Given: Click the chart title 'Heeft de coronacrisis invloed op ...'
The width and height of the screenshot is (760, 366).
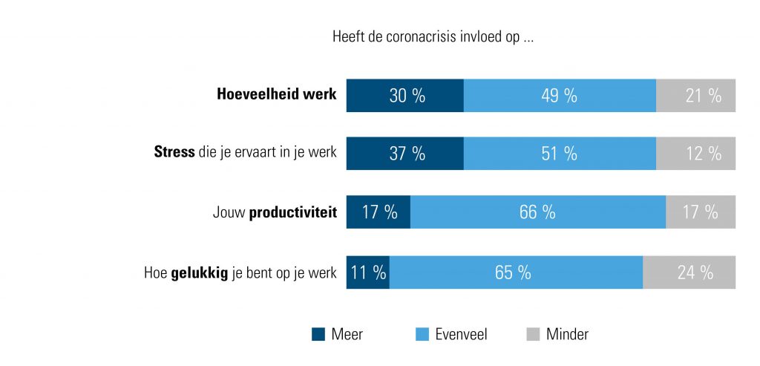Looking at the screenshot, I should pyautogui.click(x=433, y=37).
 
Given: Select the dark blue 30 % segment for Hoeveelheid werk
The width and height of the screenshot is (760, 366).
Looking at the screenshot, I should pyautogui.click(x=405, y=95).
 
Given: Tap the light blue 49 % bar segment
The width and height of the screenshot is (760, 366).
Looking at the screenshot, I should pyautogui.click(x=560, y=95).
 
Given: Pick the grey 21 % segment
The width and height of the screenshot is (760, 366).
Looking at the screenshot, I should pyautogui.click(x=695, y=95).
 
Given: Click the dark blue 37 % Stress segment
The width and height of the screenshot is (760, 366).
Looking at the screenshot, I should pyautogui.click(x=405, y=154).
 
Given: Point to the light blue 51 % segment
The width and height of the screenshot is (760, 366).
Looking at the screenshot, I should pyautogui.click(x=560, y=154).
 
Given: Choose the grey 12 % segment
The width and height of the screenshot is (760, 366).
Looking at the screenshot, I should pyautogui.click(x=695, y=154).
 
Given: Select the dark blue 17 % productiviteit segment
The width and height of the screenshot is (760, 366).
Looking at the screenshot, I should pyautogui.click(x=379, y=212).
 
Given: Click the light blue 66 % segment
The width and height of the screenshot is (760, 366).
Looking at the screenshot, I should pyautogui.click(x=537, y=212).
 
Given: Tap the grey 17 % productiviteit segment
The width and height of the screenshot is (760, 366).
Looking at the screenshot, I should pyautogui.click(x=700, y=212).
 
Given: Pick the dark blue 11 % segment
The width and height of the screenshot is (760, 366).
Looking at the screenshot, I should pyautogui.click(x=368, y=272).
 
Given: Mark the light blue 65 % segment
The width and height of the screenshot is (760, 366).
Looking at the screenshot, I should pyautogui.click(x=515, y=272).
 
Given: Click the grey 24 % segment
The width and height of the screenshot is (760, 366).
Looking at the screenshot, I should pyautogui.click(x=689, y=272).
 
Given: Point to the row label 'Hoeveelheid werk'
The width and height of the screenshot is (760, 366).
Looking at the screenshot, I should pyautogui.click(x=276, y=95).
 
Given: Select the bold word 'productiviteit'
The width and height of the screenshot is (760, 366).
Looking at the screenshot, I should pyautogui.click(x=292, y=213).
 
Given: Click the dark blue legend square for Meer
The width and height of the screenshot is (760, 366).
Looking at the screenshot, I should pyautogui.click(x=318, y=334).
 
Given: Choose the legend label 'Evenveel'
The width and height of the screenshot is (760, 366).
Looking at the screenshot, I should pyautogui.click(x=461, y=334).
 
